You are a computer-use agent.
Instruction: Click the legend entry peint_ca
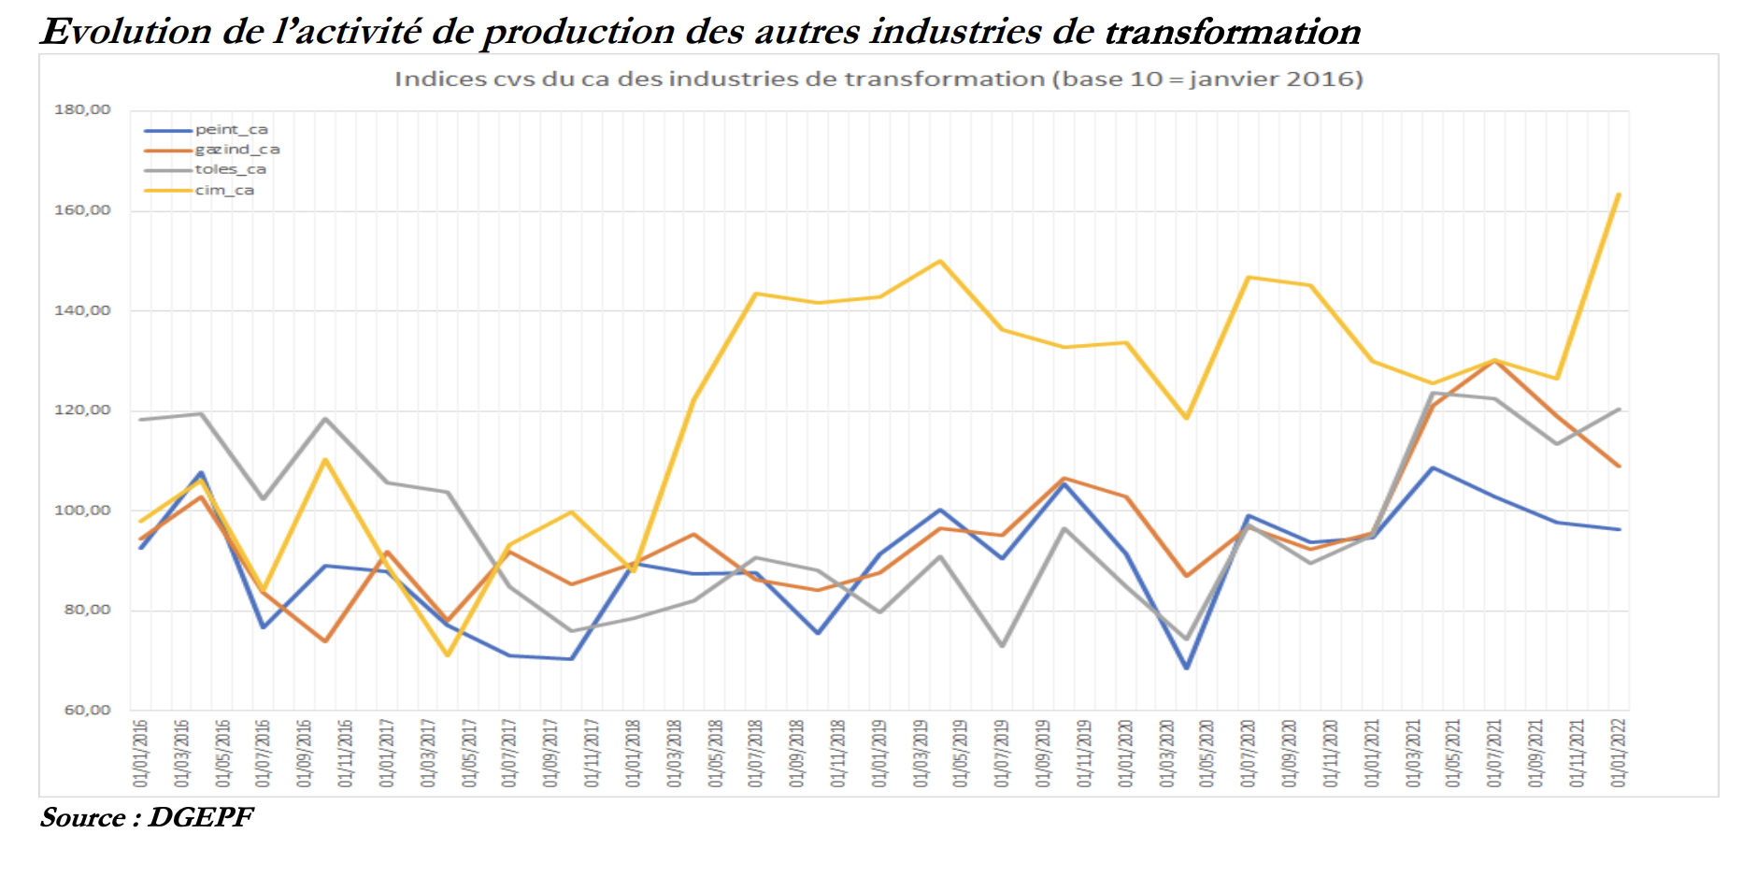231,130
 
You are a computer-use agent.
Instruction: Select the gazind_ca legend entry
236,150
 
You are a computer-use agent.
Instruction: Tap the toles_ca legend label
230,169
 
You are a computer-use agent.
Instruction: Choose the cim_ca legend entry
224,190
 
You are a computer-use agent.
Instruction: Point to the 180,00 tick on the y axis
82,109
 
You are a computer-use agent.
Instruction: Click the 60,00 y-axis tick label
87,710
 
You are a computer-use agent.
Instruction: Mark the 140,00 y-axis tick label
82,310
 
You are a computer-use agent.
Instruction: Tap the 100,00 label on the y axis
82,510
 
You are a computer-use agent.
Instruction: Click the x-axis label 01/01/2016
141,753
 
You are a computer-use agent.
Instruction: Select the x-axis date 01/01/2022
1619,753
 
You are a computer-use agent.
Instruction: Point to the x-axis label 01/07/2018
755,753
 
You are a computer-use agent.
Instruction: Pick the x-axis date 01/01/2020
1125,753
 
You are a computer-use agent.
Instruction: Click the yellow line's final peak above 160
1619,194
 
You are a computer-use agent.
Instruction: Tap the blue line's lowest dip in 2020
1187,668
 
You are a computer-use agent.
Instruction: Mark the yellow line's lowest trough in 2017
448,654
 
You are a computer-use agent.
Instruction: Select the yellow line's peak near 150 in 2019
940,261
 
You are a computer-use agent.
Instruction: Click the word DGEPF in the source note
200,817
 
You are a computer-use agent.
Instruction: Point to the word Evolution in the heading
127,32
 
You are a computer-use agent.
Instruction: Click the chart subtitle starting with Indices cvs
878,79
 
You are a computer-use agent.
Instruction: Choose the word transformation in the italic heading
1233,32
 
